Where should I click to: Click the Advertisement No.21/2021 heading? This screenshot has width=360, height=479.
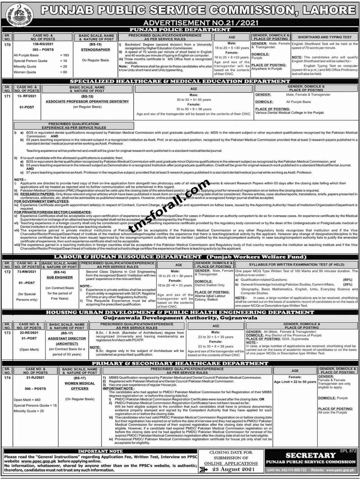(201, 23)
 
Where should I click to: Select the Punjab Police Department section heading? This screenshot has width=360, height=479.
(180, 30)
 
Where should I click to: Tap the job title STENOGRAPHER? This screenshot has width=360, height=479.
(95, 50)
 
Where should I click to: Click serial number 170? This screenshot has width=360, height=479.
(7, 45)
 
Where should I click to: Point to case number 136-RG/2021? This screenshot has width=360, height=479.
(43, 44)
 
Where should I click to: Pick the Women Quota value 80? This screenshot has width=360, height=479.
(65, 72)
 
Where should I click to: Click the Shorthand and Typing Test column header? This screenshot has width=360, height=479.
(325, 37)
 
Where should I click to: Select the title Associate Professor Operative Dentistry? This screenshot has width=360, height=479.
(87, 102)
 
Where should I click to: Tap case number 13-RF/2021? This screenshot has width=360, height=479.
(27, 96)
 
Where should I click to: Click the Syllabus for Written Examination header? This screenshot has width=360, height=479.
(296, 265)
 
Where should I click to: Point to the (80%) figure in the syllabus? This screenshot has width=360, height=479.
(348, 280)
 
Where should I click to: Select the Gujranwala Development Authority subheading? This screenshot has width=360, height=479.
(180, 318)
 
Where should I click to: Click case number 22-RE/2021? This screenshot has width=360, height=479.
(29, 333)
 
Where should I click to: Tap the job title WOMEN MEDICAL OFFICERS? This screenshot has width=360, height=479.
(80, 386)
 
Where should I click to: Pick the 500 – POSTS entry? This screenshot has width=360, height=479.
(35, 389)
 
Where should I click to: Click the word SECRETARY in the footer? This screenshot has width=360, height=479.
(311, 455)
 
